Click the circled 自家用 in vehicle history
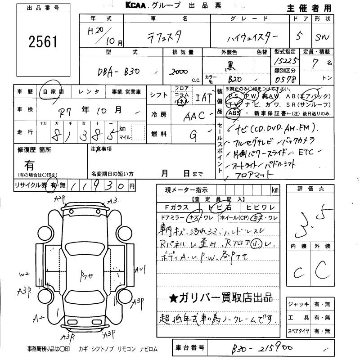pos(52,92)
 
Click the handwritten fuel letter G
pos(193,134)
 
